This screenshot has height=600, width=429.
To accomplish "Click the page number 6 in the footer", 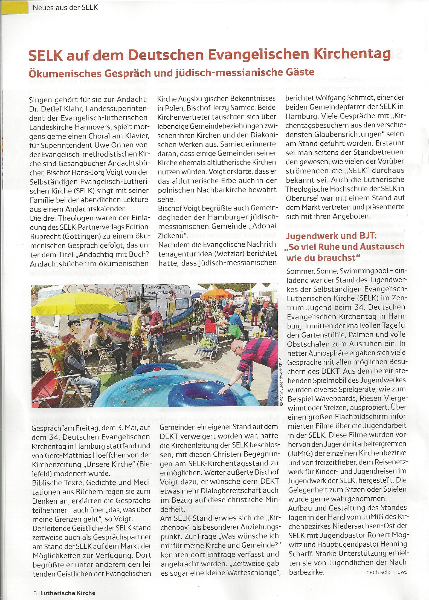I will (35, 593).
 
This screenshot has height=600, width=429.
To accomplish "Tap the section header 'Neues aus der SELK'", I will (65, 7).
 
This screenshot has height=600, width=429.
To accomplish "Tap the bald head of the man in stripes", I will (236, 346).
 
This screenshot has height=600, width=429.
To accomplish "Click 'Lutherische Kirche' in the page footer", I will (68, 593).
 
